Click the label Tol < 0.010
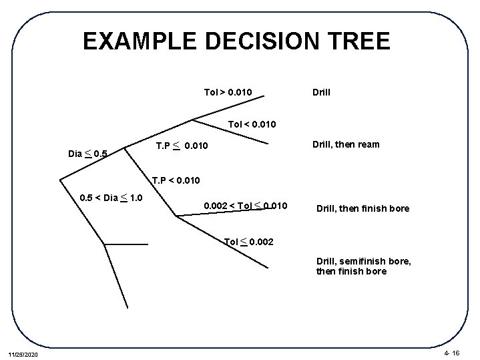click(252, 124)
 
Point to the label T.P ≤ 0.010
click(182, 146)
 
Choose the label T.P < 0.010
click(176, 180)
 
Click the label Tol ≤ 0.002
click(248, 240)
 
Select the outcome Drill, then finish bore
click(363, 208)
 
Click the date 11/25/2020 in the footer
click(24, 353)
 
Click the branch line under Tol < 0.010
click(234, 132)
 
